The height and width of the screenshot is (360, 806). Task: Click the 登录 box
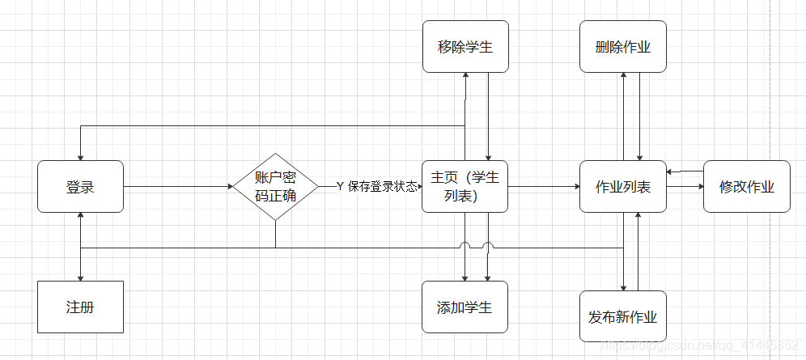point(80,187)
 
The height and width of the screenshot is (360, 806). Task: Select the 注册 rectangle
point(80,307)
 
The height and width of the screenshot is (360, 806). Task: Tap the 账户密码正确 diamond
point(275,187)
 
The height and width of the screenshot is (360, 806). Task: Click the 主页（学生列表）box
point(465,187)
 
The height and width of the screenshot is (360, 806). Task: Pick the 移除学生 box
point(465,46)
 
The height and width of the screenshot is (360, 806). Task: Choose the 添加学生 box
point(465,307)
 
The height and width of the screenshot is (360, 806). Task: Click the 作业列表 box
point(622,187)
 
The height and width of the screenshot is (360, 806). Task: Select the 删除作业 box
point(622,46)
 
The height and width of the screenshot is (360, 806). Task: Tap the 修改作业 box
point(746,187)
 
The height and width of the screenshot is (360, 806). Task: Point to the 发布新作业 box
point(622,316)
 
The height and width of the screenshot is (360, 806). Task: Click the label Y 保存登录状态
point(377,187)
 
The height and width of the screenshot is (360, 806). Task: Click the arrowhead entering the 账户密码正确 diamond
point(229,187)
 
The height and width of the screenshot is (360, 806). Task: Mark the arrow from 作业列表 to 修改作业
point(684,187)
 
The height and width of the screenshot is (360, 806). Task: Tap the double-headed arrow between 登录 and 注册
point(81,247)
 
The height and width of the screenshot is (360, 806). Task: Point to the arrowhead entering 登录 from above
point(81,157)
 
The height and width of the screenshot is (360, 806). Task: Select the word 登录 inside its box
point(80,187)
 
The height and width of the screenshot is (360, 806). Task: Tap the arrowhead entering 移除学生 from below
point(466,75)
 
